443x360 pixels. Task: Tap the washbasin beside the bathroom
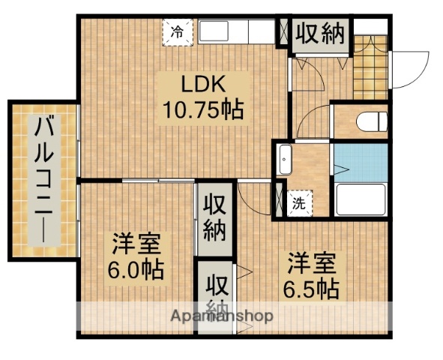(285, 160)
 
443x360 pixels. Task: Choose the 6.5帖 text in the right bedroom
(310, 286)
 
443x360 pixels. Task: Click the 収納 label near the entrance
(319, 33)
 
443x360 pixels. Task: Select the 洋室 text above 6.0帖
(138, 244)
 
